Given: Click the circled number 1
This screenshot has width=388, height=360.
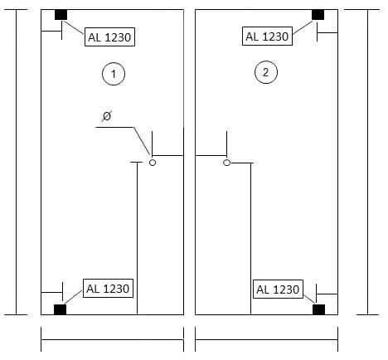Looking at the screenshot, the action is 114,74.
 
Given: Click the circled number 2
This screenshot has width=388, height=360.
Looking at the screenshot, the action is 266,72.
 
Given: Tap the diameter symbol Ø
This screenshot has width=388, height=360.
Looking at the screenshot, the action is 107,116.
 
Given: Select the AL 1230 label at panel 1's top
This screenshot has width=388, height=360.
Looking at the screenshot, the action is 109,36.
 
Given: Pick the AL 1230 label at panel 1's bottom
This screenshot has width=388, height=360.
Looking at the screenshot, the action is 108,289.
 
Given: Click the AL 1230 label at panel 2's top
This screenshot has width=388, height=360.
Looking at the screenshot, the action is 267,36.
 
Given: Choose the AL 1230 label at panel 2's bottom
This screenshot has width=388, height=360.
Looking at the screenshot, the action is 278,289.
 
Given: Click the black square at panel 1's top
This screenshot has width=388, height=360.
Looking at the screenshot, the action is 61,15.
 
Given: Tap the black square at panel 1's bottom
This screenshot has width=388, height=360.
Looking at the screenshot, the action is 60,309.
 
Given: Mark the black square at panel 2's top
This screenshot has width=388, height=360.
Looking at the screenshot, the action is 318,15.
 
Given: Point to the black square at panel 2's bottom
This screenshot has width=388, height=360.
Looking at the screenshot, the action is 318,309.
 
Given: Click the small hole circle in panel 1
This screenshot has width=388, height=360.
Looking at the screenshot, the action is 153,163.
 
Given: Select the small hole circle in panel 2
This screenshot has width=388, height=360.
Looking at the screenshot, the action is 226,163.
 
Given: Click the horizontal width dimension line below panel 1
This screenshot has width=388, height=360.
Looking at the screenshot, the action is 112,339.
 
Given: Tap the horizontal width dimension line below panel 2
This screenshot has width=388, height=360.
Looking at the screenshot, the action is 266,339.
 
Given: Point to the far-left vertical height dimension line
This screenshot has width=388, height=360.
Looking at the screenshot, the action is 16,162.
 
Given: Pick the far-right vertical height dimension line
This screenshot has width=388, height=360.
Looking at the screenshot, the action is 367,162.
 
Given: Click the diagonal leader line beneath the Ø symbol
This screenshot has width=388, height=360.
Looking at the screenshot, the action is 143,142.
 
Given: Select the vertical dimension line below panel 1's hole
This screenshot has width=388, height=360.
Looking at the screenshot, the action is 138,238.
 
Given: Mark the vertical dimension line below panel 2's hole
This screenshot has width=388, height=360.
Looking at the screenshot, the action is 250,239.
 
